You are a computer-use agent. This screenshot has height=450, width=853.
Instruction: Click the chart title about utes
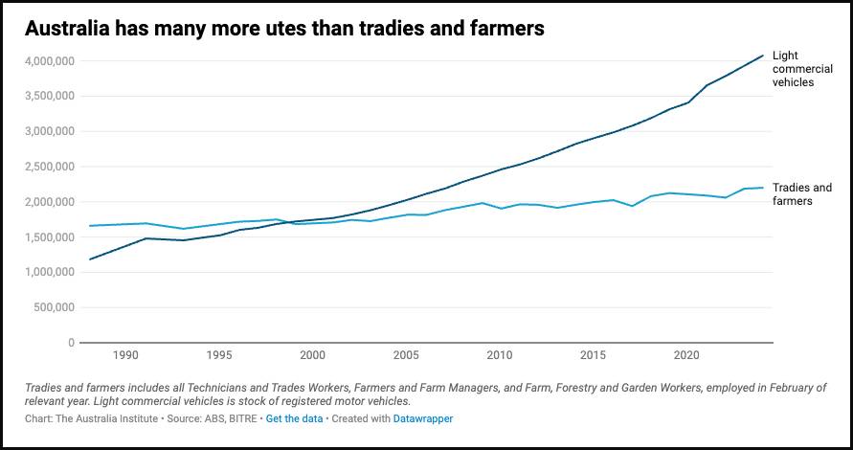coord(284,29)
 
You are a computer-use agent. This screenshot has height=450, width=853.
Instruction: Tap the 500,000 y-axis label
coord(52,307)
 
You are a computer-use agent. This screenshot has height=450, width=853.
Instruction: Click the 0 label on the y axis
coord(71,343)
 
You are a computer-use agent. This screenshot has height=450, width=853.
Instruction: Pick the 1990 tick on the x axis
coord(125,355)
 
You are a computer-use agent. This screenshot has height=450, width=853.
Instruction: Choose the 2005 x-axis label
coord(406,355)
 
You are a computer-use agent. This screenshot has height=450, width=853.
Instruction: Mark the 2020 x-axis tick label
coord(686,355)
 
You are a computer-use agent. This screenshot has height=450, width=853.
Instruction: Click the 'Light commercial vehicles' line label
coord(802,69)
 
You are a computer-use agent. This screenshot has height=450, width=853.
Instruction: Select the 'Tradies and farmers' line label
coord(801,194)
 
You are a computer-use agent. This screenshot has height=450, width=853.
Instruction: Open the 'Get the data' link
coord(294,418)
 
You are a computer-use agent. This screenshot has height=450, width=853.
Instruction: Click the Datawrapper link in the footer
coord(423,418)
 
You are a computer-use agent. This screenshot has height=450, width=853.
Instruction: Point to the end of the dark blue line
coord(762,56)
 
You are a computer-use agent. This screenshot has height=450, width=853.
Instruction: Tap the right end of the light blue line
coord(762,188)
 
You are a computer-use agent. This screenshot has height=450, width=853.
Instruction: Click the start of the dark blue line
coord(89,259)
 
